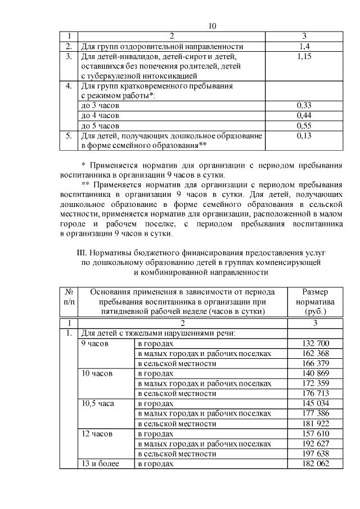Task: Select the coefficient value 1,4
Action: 304,46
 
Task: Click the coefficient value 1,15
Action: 304,57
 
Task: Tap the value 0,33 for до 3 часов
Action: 304,105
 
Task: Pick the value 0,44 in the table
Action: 304,115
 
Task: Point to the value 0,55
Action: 304,125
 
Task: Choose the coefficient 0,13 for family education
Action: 304,136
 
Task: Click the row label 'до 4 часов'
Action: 101,115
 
